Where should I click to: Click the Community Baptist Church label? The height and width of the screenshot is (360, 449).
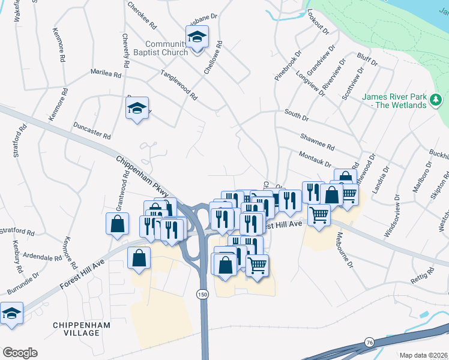coord(167,48)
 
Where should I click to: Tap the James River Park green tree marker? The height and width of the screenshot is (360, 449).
coord(438,98)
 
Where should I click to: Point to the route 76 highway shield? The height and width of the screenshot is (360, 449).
coord(368,341)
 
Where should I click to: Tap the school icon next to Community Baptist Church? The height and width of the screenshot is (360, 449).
coord(197,38)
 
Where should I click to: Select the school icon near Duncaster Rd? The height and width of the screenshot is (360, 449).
coord(137,109)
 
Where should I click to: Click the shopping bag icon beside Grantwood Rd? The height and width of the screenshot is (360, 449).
coord(118,223)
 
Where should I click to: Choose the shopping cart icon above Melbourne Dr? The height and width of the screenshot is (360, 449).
coord(319,214)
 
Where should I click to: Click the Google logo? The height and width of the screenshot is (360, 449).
coord(20,352)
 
